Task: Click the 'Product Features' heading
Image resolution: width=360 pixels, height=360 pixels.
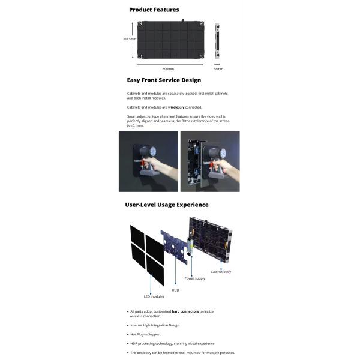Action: click(x=154, y=10)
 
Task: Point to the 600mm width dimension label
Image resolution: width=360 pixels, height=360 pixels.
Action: click(x=168, y=68)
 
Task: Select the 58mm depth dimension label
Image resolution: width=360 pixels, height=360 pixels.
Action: click(x=218, y=68)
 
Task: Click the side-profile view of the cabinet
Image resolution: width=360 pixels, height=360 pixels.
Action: click(x=217, y=40)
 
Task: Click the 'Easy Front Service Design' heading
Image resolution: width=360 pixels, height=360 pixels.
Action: click(x=164, y=80)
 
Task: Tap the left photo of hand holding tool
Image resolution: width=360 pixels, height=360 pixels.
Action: click(x=148, y=161)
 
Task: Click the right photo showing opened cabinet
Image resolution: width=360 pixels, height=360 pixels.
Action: click(x=210, y=161)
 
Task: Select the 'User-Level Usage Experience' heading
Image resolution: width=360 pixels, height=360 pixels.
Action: click(x=167, y=205)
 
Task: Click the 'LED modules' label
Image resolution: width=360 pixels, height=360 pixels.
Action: click(x=154, y=296)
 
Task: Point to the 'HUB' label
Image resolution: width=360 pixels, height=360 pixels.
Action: click(x=175, y=289)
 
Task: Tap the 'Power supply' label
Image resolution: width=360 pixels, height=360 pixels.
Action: click(x=194, y=278)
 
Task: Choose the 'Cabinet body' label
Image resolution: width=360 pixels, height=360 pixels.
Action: click(x=221, y=271)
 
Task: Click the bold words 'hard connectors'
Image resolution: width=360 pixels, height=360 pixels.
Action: click(x=185, y=311)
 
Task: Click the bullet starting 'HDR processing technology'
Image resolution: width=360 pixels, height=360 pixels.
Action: click(x=172, y=343)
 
